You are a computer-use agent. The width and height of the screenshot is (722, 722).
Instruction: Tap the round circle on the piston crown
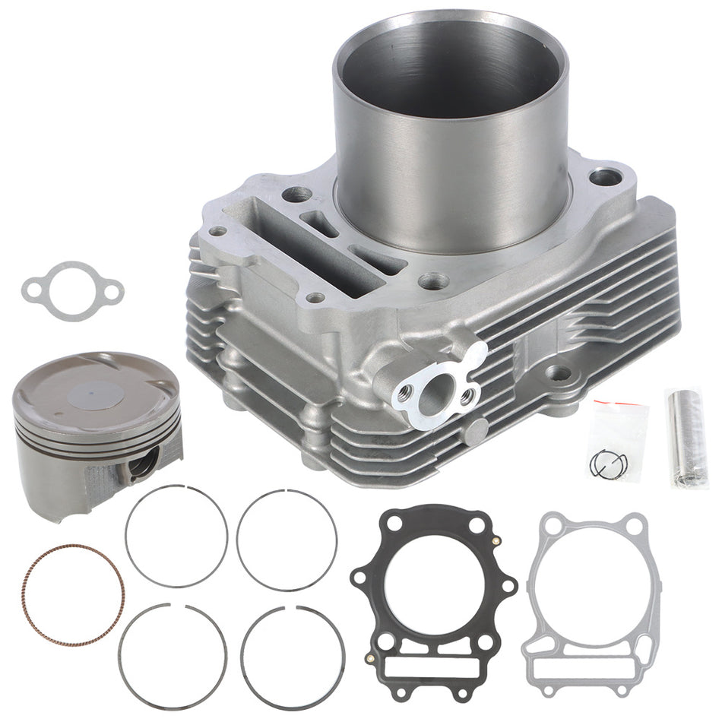coord(96,394)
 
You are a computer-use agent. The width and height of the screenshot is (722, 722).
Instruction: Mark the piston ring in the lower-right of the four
coord(244,658)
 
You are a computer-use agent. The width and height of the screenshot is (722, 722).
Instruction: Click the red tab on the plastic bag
coord(605,401)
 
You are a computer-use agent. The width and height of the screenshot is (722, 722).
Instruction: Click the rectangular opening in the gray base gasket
coord(588,668)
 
